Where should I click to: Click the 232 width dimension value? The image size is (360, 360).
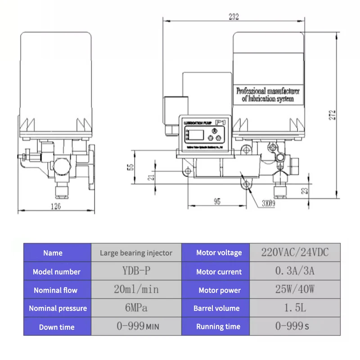(x=234, y=17)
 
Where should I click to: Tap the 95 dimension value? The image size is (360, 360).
(x=217, y=202)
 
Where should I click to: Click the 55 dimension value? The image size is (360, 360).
(x=131, y=167)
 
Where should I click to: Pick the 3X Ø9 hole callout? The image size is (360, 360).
(x=269, y=202)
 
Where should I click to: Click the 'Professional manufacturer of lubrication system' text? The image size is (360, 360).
(x=268, y=94)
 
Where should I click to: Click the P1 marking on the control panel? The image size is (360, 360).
(x=220, y=122)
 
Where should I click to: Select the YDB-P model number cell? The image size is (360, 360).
(x=136, y=271)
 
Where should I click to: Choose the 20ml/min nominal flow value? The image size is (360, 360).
(x=136, y=290)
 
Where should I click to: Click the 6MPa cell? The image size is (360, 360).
(x=136, y=308)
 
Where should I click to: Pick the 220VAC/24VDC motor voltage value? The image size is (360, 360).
(x=295, y=252)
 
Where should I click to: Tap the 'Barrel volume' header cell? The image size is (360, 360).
(x=216, y=308)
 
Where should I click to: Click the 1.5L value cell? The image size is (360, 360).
(x=295, y=308)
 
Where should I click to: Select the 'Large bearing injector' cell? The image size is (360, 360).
(x=136, y=252)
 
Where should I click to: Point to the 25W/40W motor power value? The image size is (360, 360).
(x=295, y=290)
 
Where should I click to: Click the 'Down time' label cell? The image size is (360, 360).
(x=57, y=327)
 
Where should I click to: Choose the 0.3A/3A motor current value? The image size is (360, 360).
(x=295, y=271)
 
